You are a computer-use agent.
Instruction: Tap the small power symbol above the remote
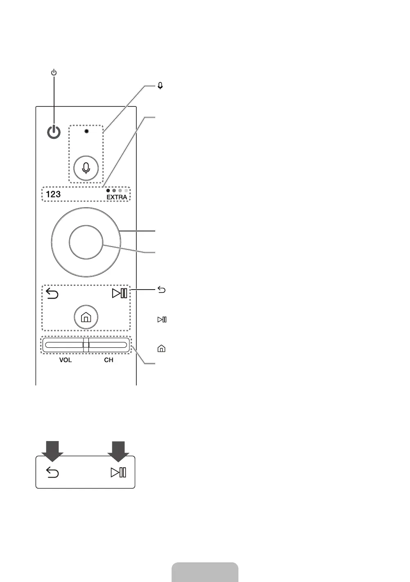tap(54, 72)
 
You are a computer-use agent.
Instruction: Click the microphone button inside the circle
tap(86, 168)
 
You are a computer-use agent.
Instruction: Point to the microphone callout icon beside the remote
tap(160, 86)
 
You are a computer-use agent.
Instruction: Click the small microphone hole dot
tap(86, 131)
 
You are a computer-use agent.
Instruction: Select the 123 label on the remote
tap(53, 194)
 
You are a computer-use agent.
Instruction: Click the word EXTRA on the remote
tap(117, 197)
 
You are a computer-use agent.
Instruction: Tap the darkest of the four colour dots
tap(108, 190)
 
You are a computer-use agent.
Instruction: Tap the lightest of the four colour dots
tap(126, 190)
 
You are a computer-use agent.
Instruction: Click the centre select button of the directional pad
tap(86, 242)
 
